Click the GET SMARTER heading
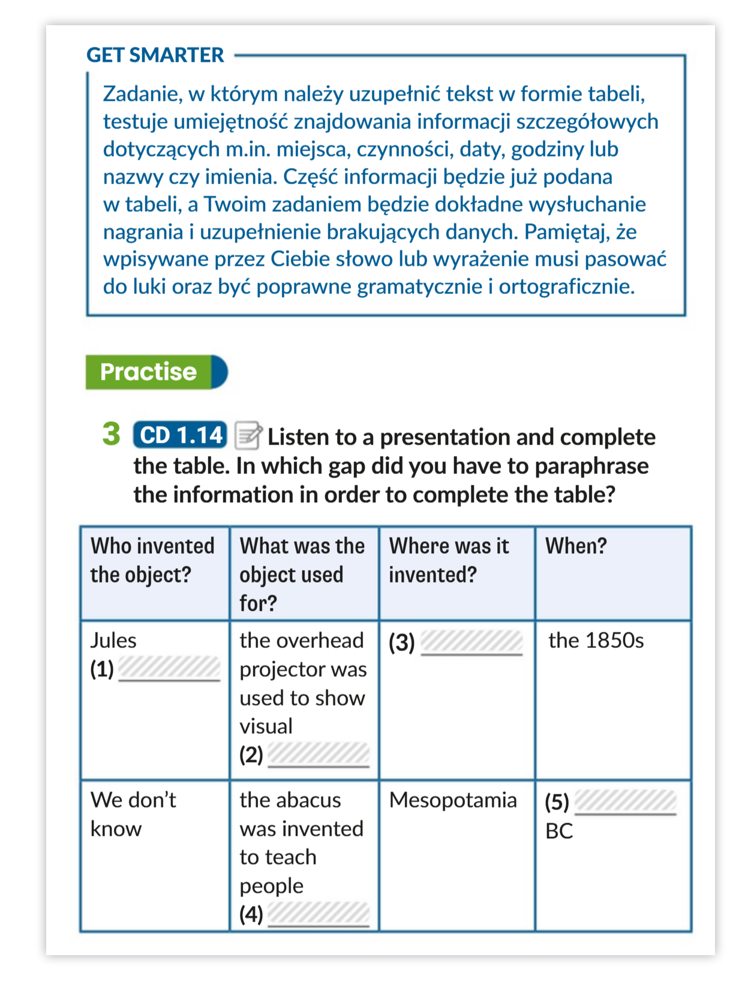[155, 55]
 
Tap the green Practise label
[149, 372]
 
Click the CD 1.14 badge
[180, 435]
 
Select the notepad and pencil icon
[247, 435]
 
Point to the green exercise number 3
[111, 434]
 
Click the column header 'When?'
[576, 546]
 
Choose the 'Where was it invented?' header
[449, 560]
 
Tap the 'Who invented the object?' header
[152, 560]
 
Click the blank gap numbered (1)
[170, 668]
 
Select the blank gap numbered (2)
[318, 754]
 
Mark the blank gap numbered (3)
[471, 643]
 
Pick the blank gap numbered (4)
[318, 914]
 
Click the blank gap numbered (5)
[625, 802]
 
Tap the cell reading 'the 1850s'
[596, 641]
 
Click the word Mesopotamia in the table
[453, 800]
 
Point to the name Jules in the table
[113, 641]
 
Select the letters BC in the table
[559, 831]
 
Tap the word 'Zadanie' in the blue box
[142, 94]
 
